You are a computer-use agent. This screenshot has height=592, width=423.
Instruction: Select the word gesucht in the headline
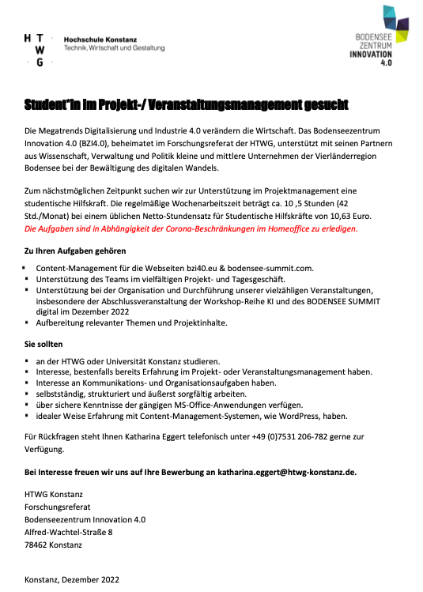322,105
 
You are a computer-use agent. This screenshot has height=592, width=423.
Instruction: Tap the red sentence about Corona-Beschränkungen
191,228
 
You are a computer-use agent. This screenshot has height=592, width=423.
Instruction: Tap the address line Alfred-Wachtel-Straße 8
69,533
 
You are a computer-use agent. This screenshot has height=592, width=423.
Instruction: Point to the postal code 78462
36,545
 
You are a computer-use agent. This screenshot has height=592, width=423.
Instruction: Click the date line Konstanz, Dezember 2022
72,579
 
